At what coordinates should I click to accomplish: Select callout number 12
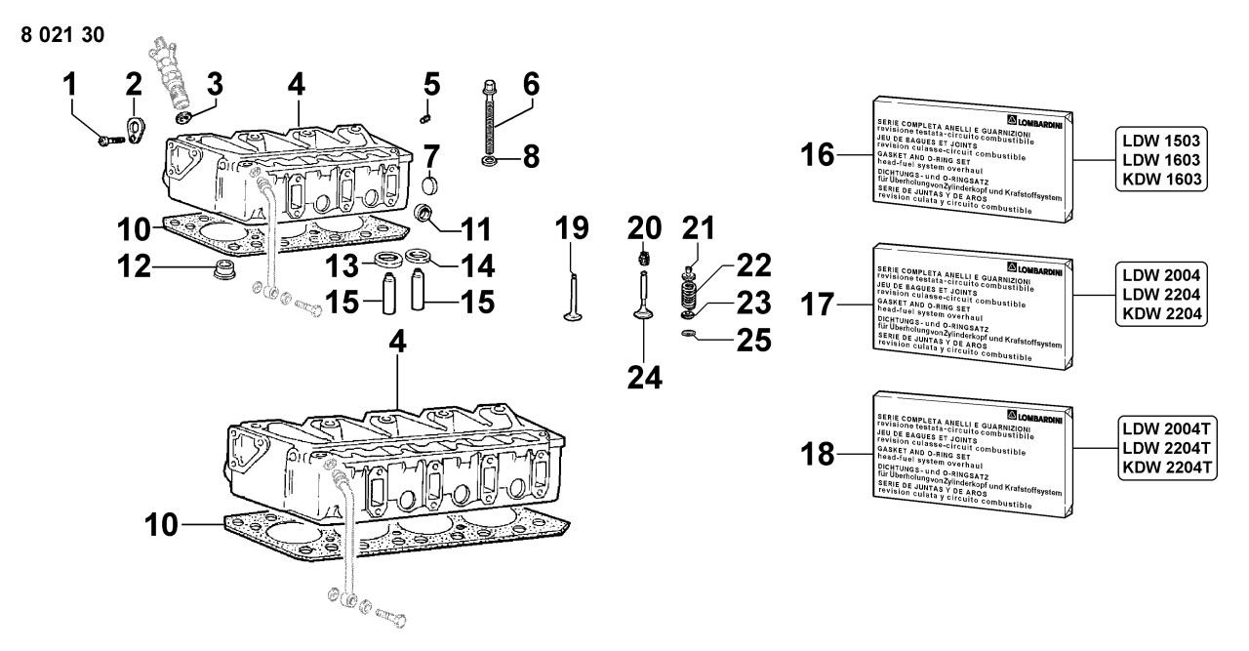[136, 265]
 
